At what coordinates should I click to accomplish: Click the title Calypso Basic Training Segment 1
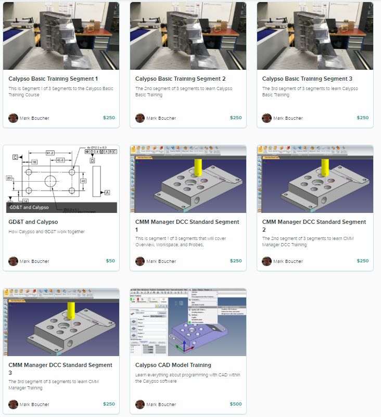[53, 79]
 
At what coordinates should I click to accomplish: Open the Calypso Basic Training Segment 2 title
[180, 79]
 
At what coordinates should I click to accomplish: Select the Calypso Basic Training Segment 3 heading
[307, 79]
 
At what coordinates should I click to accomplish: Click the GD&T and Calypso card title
[33, 222]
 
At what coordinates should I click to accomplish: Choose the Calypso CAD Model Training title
[173, 365]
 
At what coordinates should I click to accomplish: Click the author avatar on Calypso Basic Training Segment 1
[13, 118]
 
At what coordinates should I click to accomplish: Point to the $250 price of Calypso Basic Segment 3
[362, 118]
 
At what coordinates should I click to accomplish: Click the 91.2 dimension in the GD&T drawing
[49, 153]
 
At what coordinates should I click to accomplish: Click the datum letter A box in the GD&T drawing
[107, 193]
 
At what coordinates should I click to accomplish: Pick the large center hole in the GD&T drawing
[51, 181]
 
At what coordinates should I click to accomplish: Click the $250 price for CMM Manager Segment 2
[362, 261]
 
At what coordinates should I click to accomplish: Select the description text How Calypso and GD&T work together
[46, 232]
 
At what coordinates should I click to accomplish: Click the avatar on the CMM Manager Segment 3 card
[13, 404]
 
